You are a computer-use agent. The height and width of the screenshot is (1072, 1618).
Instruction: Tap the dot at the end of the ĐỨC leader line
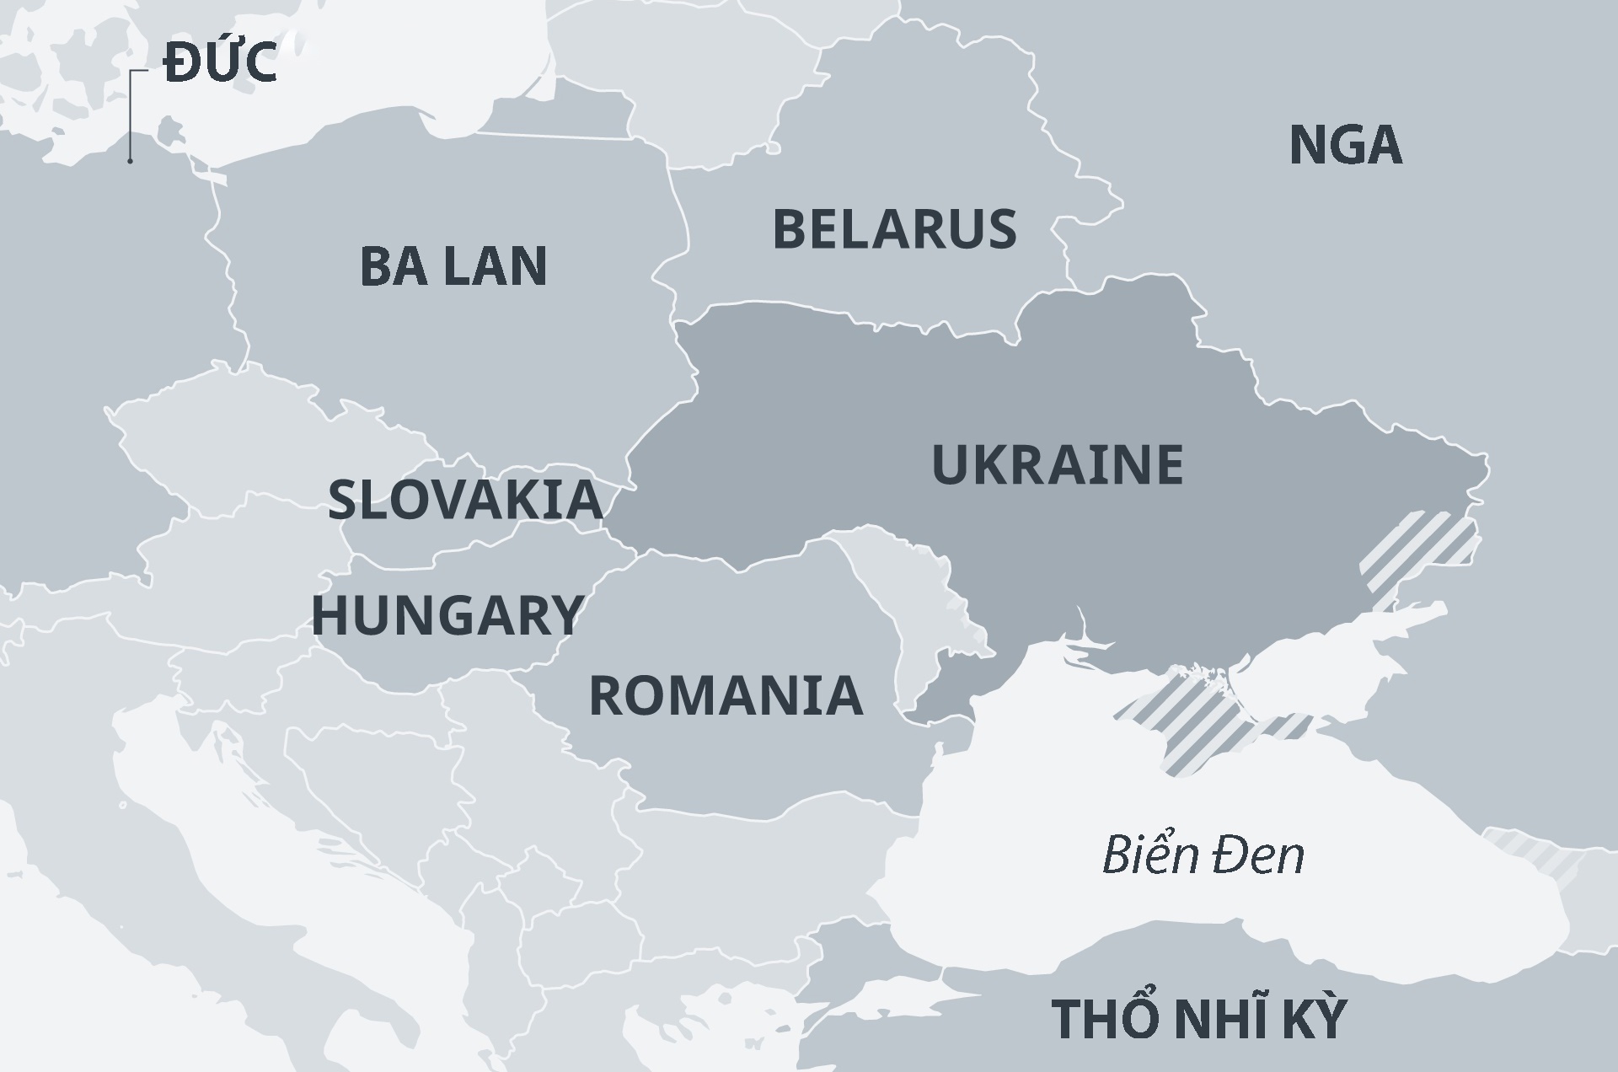(x=130, y=160)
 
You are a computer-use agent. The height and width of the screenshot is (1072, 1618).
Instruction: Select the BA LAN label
(x=453, y=265)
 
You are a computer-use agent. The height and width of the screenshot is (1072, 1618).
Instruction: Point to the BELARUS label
(x=894, y=229)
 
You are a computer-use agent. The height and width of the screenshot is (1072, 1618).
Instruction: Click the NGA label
(x=1345, y=145)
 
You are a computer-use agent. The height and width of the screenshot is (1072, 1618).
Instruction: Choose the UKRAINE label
(x=1057, y=464)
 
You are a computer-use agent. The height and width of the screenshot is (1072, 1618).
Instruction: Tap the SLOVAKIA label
(x=465, y=499)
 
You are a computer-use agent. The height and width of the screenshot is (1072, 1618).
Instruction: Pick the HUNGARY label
(x=447, y=615)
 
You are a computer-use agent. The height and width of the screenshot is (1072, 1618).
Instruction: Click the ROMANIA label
(x=726, y=696)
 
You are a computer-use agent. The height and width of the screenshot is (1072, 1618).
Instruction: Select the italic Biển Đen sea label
(x=1203, y=855)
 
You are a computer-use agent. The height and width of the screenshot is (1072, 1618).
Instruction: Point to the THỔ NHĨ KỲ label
(x=1198, y=1018)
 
